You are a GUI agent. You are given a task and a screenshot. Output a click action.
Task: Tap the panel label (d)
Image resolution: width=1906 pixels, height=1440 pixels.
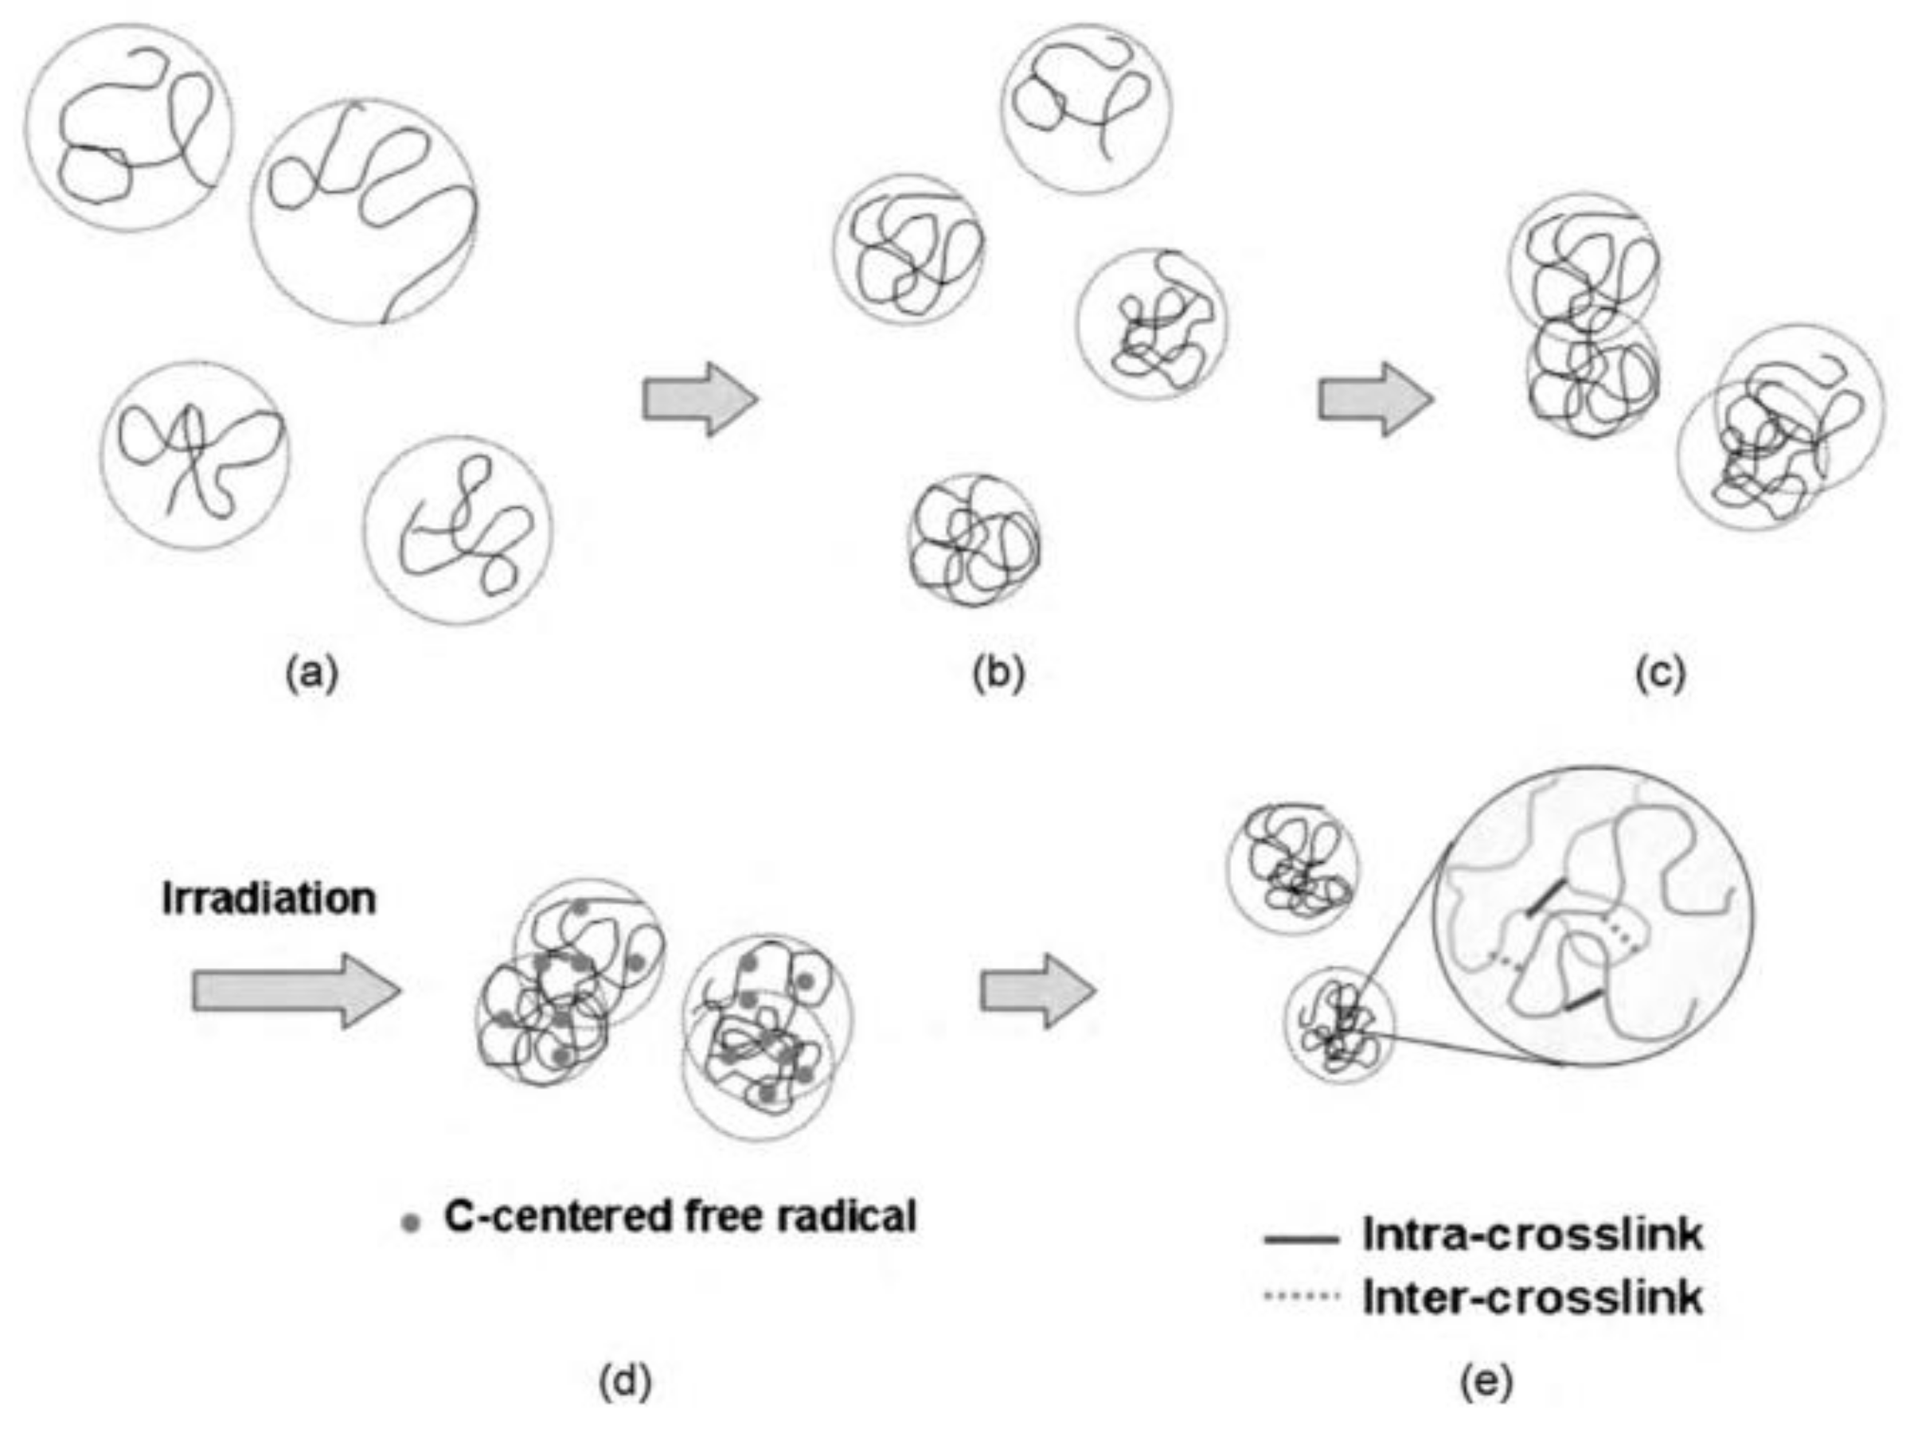[x=625, y=1382]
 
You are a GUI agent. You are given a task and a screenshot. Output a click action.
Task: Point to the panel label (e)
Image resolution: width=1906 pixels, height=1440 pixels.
[x=1486, y=1382]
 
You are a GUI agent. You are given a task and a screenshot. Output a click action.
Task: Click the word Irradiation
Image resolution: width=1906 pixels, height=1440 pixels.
[x=269, y=899]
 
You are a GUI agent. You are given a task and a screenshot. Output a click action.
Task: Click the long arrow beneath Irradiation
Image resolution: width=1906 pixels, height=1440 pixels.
[x=295, y=991]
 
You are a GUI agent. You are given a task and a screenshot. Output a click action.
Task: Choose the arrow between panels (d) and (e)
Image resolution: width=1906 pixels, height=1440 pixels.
[x=1038, y=991]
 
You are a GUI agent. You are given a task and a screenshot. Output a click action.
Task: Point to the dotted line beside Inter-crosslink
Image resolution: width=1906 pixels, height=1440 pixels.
[x=1301, y=1295]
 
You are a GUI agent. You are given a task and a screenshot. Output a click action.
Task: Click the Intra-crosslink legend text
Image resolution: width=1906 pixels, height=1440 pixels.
[x=1532, y=1235]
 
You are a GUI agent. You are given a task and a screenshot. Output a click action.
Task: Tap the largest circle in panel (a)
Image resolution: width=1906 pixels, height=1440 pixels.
[x=364, y=212]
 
